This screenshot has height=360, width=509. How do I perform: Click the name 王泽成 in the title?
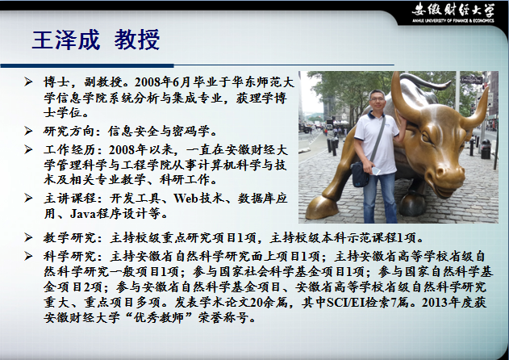(65, 40)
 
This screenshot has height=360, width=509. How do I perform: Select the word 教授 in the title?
(137, 40)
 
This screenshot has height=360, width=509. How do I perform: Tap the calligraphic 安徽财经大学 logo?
(453, 10)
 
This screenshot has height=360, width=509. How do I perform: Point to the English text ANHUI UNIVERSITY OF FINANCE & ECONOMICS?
(453, 21)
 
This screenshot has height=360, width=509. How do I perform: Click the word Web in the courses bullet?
(186, 198)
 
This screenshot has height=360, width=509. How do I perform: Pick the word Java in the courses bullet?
(82, 213)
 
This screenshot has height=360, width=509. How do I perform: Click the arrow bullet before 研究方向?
(28, 131)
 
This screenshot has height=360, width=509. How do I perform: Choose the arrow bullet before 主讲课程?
(28, 198)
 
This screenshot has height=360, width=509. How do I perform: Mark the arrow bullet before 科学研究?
(28, 257)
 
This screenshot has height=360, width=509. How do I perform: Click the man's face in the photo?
(378, 102)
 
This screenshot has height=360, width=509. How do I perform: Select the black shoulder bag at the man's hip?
(360, 174)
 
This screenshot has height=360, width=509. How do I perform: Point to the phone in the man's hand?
(376, 170)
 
